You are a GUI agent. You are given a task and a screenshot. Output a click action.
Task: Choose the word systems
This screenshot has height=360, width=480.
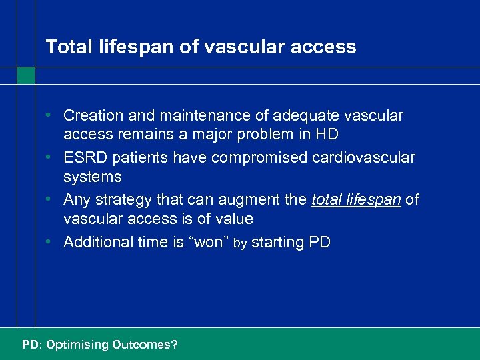coord(93,177)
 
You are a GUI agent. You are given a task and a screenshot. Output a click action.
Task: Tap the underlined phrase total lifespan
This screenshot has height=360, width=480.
coord(356,200)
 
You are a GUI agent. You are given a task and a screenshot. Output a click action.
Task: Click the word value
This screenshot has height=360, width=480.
coord(233,219)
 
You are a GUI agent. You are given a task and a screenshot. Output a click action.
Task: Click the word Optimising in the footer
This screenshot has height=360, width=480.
coord(76,345)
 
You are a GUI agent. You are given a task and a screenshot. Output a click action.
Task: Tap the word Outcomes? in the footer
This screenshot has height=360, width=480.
coord(145,345)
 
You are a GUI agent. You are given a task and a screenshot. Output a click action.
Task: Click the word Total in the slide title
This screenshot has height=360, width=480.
coord(63,47)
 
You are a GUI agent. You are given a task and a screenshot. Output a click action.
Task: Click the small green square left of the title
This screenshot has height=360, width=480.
coord(26,75)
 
